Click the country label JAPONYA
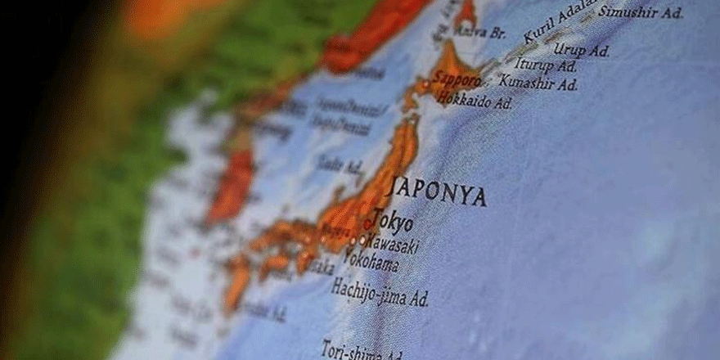click(x=437, y=192)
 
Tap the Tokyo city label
click(x=393, y=222)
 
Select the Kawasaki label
click(x=392, y=244)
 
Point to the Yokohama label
click(x=371, y=262)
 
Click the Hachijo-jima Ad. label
click(x=380, y=293)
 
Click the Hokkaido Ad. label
click(x=475, y=101)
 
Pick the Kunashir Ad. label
click(x=538, y=83)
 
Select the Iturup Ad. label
click(x=546, y=65)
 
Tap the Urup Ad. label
click(x=582, y=50)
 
